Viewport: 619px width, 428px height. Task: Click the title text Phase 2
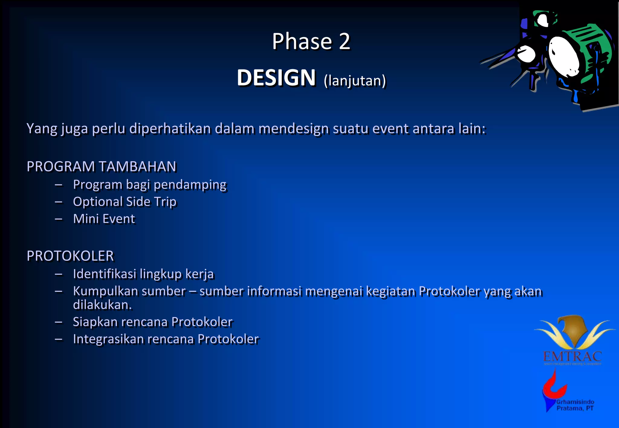point(311,41)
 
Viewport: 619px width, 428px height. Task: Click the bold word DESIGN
point(276,78)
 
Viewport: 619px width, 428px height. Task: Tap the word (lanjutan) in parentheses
point(355,81)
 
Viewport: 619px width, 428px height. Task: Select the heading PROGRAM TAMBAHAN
point(102,167)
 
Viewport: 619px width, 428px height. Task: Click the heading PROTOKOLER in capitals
point(70,256)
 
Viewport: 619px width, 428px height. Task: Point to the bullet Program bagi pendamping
point(150,184)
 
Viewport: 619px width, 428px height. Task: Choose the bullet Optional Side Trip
point(125,202)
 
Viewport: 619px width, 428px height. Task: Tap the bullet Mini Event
point(104,219)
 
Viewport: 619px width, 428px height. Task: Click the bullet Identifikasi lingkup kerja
point(143,274)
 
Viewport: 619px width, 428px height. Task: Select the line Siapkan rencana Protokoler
point(153,322)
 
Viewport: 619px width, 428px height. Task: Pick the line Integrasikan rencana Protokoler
point(166,339)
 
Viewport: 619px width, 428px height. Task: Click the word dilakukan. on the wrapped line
point(102,305)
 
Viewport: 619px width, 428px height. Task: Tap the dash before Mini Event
point(59,219)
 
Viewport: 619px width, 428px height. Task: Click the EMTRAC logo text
point(572,357)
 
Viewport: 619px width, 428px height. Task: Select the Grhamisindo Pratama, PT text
point(575,405)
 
